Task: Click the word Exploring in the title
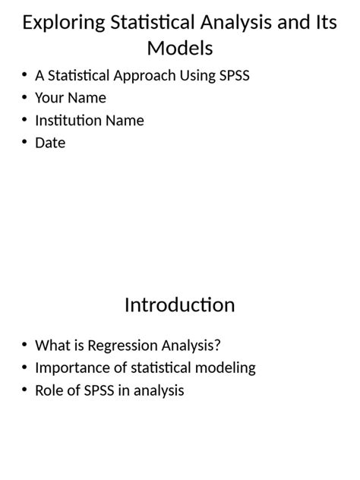point(63,22)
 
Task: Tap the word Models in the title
point(180,49)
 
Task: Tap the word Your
point(49,98)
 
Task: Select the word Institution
point(70,121)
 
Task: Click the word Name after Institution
point(126,121)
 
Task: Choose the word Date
point(50,143)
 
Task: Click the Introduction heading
point(180,305)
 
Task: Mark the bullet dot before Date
point(24,142)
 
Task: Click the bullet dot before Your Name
point(24,97)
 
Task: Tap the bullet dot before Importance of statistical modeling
point(24,368)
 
